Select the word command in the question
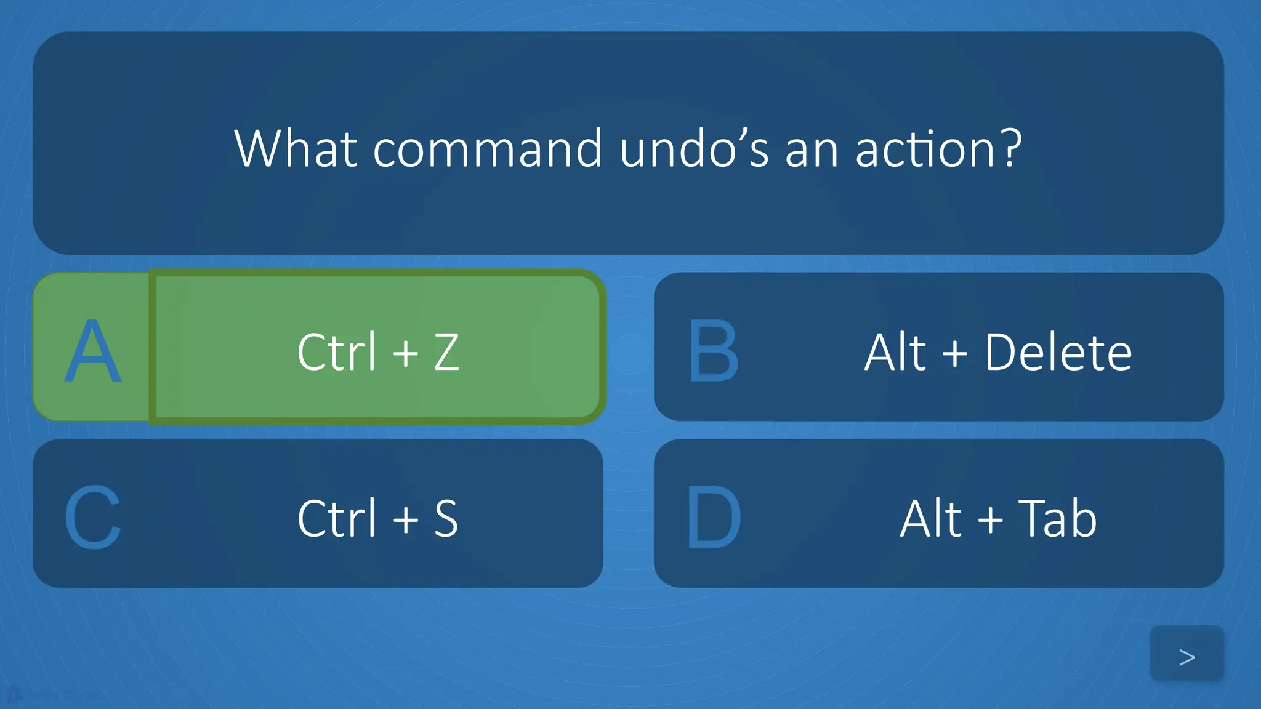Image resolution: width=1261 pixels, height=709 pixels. click(x=487, y=150)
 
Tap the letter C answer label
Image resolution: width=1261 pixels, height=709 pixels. click(x=92, y=518)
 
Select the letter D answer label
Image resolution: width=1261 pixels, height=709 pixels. click(x=713, y=518)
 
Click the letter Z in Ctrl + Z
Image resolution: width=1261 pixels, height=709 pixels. click(x=446, y=352)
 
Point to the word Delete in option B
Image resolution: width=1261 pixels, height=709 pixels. click(x=1058, y=352)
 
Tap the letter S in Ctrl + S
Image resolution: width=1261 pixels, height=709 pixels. click(x=446, y=518)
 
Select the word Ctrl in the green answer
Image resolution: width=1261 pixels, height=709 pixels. click(x=336, y=352)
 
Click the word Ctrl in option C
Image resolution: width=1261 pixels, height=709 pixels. click(x=336, y=518)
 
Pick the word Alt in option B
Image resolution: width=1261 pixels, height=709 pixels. click(x=895, y=352)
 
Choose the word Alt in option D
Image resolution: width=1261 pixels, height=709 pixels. click(x=931, y=518)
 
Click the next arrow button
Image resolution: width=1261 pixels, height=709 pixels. click(x=1186, y=656)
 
